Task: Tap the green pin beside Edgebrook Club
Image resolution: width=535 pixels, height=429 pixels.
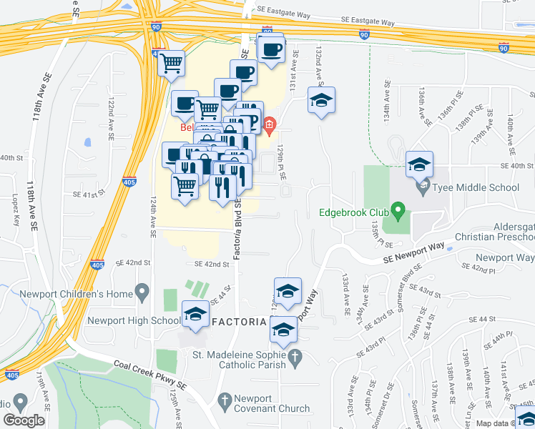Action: (399, 212)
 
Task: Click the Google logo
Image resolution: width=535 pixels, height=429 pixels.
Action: (24, 420)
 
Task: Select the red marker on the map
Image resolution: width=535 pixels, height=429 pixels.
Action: (269, 127)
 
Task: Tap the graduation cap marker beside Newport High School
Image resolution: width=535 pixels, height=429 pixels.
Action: (195, 313)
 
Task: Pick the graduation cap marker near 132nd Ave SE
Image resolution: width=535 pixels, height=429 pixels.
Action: (321, 101)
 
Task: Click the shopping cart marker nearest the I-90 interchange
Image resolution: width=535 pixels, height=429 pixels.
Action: (171, 64)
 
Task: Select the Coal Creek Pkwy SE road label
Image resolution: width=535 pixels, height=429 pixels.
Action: (149, 374)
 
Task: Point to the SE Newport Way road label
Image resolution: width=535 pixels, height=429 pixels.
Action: (413, 252)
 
